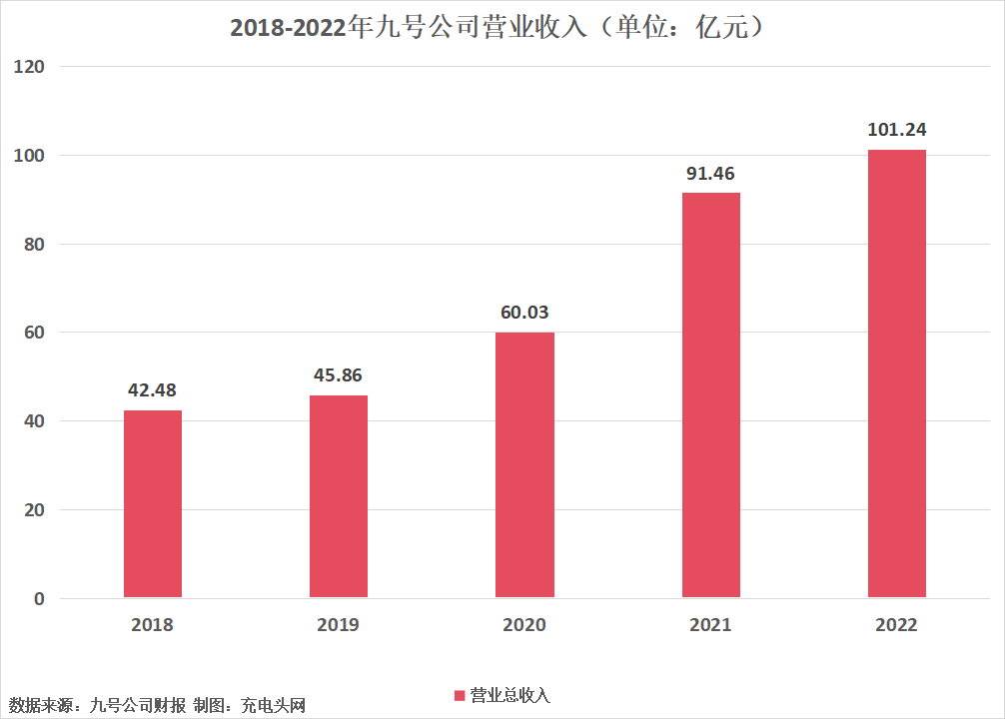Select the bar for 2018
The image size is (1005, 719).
tap(153, 503)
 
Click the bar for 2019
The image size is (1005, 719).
tap(339, 496)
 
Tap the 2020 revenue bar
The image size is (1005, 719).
tap(524, 464)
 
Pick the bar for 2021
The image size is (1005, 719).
tap(711, 394)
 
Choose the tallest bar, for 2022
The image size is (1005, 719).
tap(897, 373)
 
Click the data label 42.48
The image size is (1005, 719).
tap(152, 389)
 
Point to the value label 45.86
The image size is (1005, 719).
tap(338, 374)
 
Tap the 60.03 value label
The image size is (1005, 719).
tap(524, 313)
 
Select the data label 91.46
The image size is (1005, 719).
tap(710, 173)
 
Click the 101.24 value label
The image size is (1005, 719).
tap(897, 130)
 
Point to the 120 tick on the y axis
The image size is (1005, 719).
tap(29, 67)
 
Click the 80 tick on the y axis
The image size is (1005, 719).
tap(34, 244)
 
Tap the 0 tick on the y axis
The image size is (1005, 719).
tap(39, 598)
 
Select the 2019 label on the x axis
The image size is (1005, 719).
tap(338, 625)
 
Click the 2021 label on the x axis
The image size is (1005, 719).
tap(710, 625)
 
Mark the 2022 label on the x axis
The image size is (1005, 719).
tap(896, 625)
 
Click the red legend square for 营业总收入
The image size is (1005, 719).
tap(460, 695)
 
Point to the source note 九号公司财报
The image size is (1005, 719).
tap(138, 706)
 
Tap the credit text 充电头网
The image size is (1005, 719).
tap(273, 706)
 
